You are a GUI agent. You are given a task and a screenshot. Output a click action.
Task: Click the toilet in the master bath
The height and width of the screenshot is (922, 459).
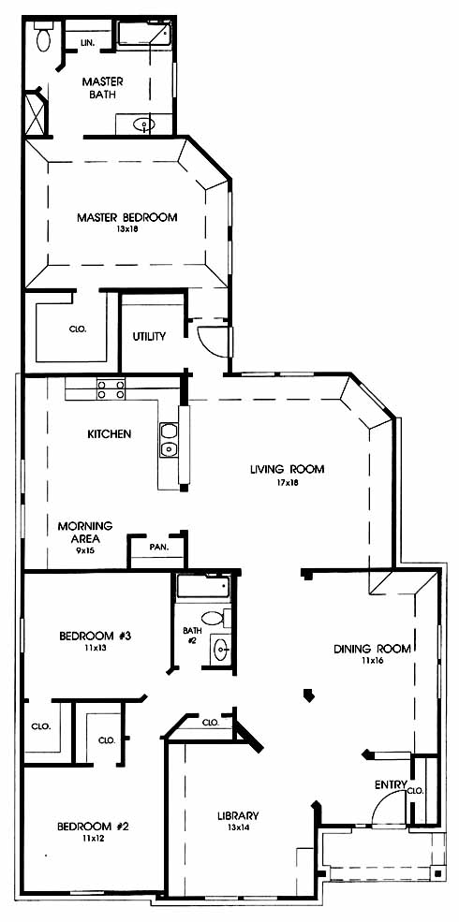click(44, 37)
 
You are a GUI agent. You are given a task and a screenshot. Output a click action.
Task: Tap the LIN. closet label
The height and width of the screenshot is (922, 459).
click(88, 43)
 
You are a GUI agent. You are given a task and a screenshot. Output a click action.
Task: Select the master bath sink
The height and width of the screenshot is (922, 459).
click(143, 124)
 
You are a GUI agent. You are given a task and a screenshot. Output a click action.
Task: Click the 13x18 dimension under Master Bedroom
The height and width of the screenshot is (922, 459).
click(126, 229)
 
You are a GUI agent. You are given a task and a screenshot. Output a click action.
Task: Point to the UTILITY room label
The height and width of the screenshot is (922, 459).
click(149, 337)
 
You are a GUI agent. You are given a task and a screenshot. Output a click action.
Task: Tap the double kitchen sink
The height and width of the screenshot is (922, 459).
click(169, 440)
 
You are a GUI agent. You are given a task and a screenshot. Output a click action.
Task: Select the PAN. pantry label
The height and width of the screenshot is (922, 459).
click(159, 547)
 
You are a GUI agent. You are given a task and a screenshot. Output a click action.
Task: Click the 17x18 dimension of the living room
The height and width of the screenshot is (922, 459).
click(288, 482)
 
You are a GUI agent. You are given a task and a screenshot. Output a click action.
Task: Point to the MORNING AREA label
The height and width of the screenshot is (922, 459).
click(85, 532)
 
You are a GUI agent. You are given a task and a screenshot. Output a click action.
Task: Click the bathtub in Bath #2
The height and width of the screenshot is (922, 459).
click(203, 587)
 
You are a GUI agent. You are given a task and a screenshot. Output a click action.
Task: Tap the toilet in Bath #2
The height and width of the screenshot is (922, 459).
click(215, 618)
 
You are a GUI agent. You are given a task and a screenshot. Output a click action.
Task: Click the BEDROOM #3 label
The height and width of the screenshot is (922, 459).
click(95, 636)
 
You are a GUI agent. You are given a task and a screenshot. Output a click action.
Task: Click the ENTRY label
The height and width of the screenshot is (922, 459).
click(391, 784)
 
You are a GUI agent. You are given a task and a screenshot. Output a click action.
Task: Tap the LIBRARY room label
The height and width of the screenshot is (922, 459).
click(238, 816)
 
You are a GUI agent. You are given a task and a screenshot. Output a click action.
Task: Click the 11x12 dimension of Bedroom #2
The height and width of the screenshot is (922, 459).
click(93, 839)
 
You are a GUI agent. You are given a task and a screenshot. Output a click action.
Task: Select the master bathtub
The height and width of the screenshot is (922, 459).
click(144, 34)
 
